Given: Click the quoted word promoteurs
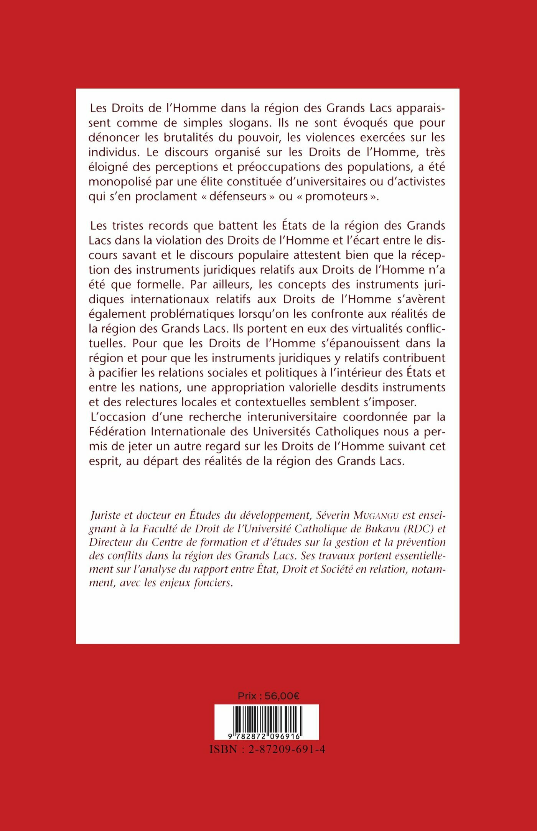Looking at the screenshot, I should (336, 196).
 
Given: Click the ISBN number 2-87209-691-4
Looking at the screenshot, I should (287, 750).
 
